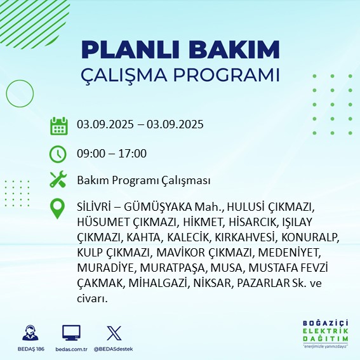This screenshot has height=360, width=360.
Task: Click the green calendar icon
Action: pyautogui.click(x=58, y=125)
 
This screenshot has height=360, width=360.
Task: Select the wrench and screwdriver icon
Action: pyautogui.click(x=58, y=180)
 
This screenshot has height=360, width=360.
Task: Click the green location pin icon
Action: pyautogui.click(x=58, y=209)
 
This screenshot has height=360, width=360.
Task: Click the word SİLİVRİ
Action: pyautogui.click(x=95, y=208)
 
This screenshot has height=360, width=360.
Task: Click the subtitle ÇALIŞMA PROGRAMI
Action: pyautogui.click(x=180, y=74)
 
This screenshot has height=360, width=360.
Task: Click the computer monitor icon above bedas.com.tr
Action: pyautogui.click(x=71, y=333)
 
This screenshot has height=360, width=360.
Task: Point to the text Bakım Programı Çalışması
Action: pyautogui.click(x=143, y=181)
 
